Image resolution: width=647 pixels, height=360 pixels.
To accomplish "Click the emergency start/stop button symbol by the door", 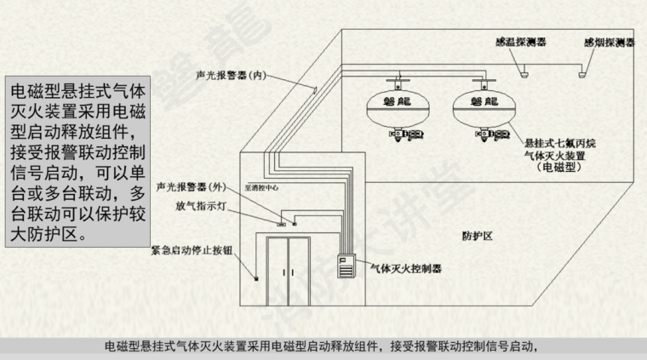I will click(x=254, y=277).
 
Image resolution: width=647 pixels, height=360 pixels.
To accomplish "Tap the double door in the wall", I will click(x=289, y=272).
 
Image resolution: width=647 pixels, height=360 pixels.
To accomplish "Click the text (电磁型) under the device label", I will click(x=559, y=169).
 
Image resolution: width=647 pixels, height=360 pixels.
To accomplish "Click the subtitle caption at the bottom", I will click(x=323, y=346).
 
